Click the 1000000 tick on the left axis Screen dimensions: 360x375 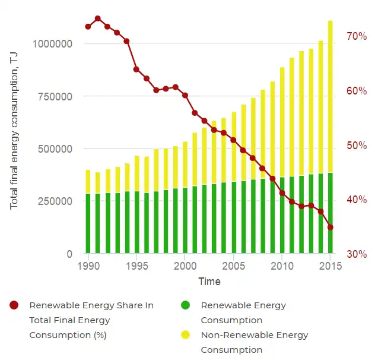pyautogui.click(x=52, y=44)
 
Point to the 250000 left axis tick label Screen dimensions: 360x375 pyautogui.click(x=56, y=201)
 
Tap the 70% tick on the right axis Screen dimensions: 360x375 pyautogui.click(x=357, y=37)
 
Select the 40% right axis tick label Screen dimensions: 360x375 pyautogui.click(x=357, y=200)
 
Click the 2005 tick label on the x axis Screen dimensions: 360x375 pyautogui.click(x=233, y=266)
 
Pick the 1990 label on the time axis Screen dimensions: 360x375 pyautogui.click(x=88, y=266)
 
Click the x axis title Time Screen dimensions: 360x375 pyautogui.click(x=209, y=282)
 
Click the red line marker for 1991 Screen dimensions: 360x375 pyautogui.click(x=98, y=19)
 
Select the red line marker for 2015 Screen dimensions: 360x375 pyautogui.click(x=330, y=228)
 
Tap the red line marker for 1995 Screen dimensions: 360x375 pyautogui.click(x=136, y=70)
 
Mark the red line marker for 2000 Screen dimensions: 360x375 pyautogui.click(x=185, y=95)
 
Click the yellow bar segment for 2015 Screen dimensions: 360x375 pyautogui.click(x=330, y=95)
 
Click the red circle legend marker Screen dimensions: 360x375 pyautogui.click(x=14, y=305)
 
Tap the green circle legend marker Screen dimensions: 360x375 pyautogui.click(x=186, y=305)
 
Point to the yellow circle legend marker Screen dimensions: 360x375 pyautogui.click(x=186, y=335)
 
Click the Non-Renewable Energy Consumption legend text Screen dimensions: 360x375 pyautogui.click(x=255, y=342)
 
